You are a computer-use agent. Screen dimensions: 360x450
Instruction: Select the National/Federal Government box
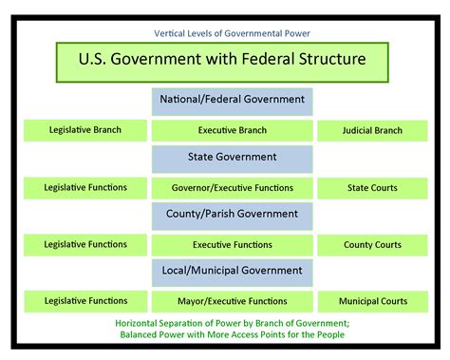232,100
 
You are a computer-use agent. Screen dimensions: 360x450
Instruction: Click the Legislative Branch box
85,129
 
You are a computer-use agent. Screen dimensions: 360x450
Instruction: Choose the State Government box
232,158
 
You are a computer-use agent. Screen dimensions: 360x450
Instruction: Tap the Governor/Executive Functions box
232,188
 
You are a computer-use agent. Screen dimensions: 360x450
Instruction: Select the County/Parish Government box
232,216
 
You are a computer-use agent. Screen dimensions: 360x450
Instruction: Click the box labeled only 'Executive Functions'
232,245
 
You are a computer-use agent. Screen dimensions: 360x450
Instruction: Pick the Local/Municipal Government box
232,273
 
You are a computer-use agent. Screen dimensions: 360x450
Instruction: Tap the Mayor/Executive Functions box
232,303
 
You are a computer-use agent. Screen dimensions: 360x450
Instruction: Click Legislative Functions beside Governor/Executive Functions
85,187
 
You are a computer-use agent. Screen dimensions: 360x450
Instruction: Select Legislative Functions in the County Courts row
85,245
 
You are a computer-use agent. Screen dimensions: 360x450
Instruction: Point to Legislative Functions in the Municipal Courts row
85,302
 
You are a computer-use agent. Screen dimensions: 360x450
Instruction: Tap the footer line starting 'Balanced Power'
225,333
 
